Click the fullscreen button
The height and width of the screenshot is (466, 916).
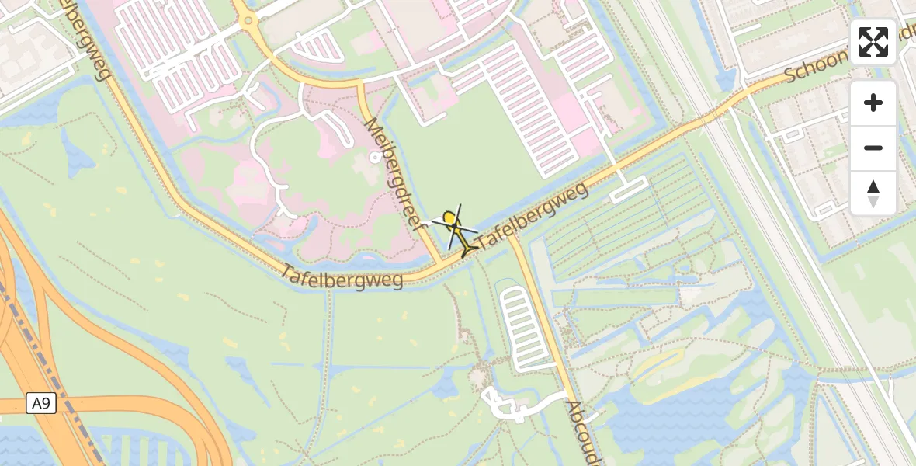coord(873,42)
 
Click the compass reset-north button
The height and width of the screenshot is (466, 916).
coord(873,193)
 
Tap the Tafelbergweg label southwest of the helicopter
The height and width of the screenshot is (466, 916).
coord(342,276)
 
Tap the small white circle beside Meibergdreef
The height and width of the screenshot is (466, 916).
coord(376,157)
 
